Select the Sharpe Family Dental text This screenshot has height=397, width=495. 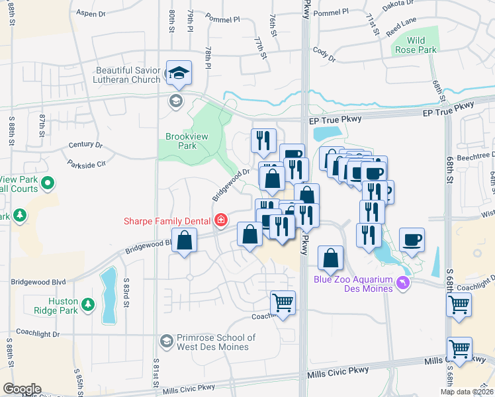165,220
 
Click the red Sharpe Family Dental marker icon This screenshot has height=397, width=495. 220,220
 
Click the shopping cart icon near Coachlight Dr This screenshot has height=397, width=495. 283,303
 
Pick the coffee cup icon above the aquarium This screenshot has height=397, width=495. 412,240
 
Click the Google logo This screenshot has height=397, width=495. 22,389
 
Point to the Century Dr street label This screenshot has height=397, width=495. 85,144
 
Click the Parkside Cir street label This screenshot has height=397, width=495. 87,163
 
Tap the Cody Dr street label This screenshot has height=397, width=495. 320,50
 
